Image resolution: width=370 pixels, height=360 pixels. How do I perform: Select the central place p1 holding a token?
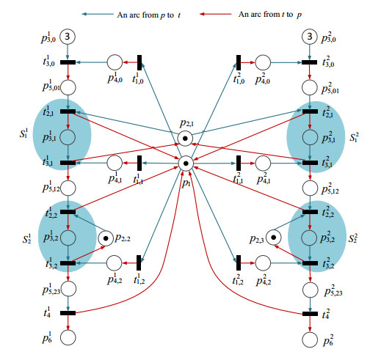[186, 163]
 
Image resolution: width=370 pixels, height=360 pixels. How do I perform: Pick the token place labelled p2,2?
[107, 238]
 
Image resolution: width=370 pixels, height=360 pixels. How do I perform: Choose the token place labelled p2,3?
[273, 238]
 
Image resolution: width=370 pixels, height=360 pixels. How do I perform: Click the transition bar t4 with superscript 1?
[68, 313]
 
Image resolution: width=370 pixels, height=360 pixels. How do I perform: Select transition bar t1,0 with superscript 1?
[139, 62]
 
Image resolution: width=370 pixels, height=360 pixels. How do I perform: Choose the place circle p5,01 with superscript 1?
[68, 88]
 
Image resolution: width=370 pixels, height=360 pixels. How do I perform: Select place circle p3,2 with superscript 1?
[68, 238]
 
